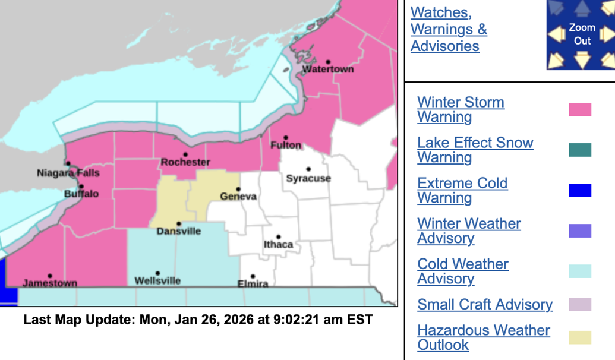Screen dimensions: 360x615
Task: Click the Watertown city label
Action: pos(328,70)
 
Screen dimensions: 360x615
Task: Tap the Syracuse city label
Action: pos(308,178)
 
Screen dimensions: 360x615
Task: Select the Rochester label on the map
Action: pos(185,162)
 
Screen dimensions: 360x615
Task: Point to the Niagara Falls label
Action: pos(68,173)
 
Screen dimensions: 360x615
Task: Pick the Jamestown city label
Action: pos(50,283)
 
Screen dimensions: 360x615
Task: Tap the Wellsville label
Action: pos(157,281)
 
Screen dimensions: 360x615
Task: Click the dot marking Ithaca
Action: pos(278,237)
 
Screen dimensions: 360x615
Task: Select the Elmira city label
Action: pos(253,283)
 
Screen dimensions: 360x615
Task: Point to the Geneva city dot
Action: pos(238,190)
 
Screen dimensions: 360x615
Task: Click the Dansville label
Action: pos(179,231)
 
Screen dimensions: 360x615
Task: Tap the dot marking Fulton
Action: pos(286,138)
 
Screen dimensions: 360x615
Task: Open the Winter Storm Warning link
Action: pos(461,110)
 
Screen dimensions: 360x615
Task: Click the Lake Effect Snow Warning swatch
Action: pos(580,150)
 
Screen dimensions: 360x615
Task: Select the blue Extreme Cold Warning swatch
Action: pos(580,191)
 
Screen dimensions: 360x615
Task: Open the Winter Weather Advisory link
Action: pos(469,231)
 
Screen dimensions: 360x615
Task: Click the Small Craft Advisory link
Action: pos(485,305)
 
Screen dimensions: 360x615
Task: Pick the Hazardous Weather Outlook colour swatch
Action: pos(580,337)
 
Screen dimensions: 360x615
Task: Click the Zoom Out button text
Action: pos(582,34)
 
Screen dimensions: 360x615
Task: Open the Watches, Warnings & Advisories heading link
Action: pos(449,29)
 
